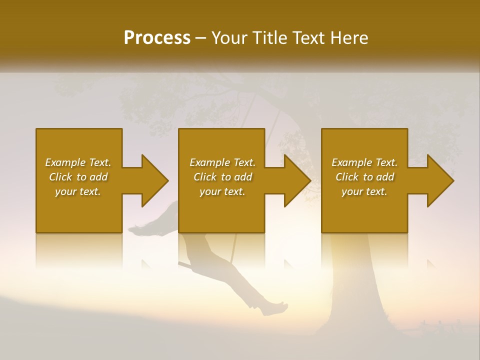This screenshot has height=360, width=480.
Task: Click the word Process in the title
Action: pyautogui.click(x=157, y=38)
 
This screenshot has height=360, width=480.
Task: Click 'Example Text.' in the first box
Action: pyautogui.click(x=78, y=162)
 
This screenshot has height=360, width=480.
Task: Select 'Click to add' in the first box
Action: pyautogui.click(x=78, y=177)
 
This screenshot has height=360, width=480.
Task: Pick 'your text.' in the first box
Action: pyautogui.click(x=78, y=191)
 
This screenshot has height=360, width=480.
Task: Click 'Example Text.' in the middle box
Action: pyautogui.click(x=222, y=162)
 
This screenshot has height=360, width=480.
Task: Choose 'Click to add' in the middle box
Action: pyautogui.click(x=222, y=177)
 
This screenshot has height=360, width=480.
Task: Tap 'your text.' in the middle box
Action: pyautogui.click(x=222, y=191)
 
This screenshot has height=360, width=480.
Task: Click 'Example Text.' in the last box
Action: pyautogui.click(x=364, y=162)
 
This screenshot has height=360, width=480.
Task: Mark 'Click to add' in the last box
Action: pyautogui.click(x=364, y=177)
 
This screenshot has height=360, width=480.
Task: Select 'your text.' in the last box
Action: pyautogui.click(x=364, y=191)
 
